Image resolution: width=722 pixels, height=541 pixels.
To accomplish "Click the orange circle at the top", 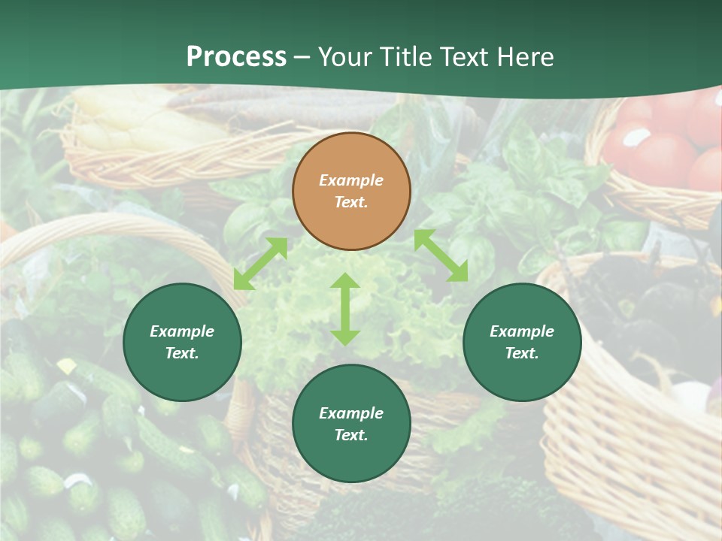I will pos(351,191).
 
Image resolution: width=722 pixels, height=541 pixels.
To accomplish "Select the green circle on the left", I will pos(182,342).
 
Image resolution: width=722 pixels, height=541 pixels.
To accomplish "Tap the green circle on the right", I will pos(522,342).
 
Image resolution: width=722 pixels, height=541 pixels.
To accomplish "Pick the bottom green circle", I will pos(351,424).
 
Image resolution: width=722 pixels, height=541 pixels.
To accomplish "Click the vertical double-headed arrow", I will pos(345,309).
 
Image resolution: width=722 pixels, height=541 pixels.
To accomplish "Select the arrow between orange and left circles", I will pos(260,264).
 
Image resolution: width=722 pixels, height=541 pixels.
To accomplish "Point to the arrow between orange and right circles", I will pos(441,255).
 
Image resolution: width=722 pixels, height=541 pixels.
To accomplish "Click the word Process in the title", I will pos(236,56).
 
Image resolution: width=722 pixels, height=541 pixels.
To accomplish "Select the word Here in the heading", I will pos(525,56).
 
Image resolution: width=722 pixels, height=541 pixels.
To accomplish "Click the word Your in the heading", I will pos(345,56).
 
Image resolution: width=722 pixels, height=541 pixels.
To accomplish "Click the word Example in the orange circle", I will pos(351,180).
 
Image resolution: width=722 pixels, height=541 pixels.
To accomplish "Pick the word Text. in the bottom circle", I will pos(351,435).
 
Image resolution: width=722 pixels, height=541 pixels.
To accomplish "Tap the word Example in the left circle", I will pos(182,331).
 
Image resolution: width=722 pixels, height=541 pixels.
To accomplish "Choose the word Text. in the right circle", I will pos(522,353).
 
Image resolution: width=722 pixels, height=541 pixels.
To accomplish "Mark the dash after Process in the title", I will pos(302,57).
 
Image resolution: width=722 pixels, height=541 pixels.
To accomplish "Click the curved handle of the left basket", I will pos(113,229).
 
